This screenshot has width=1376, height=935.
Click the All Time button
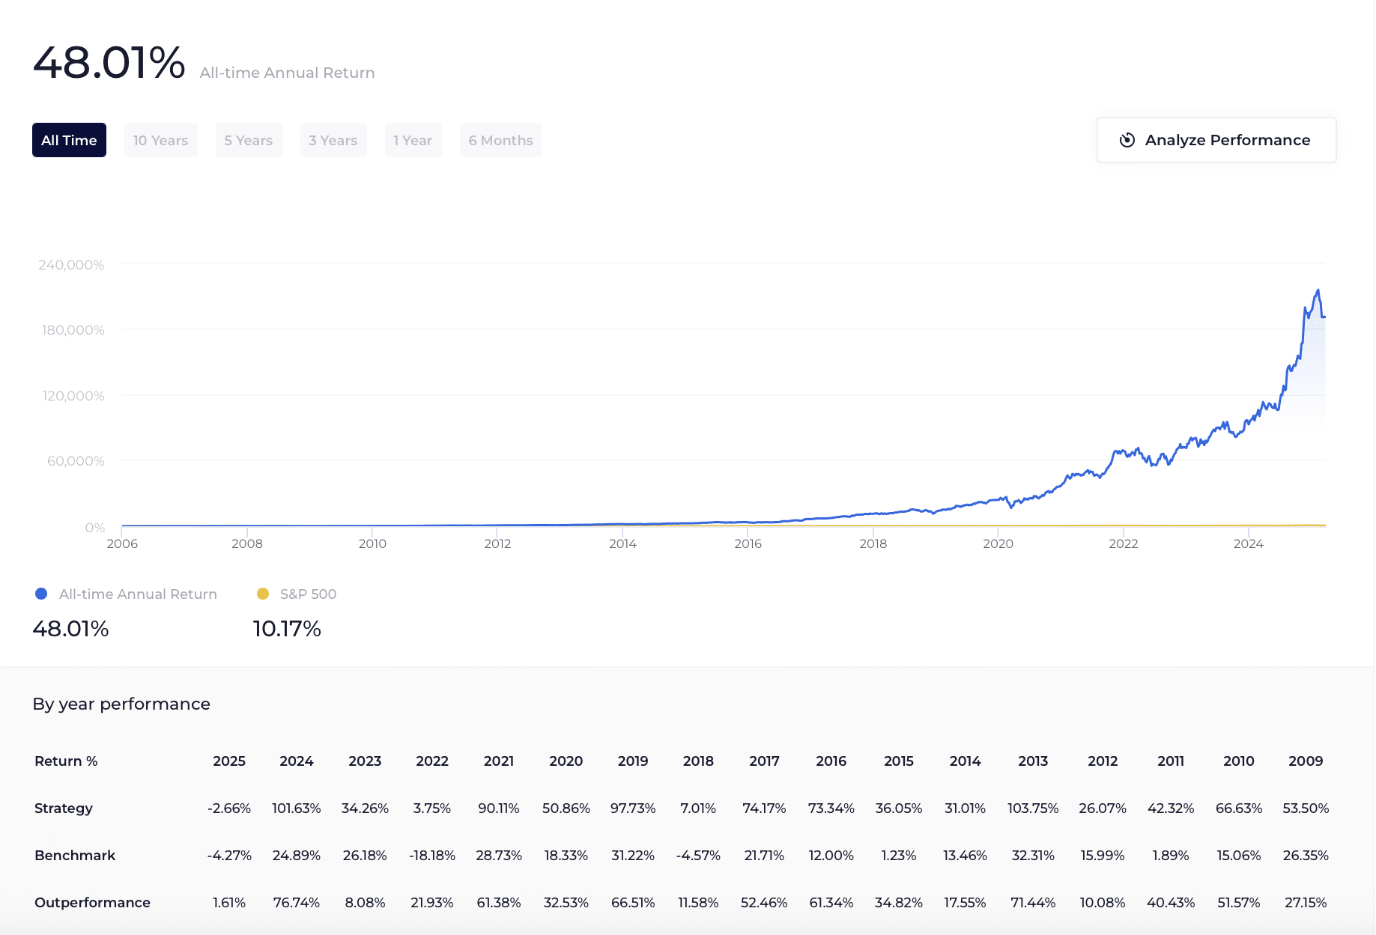coord(69,140)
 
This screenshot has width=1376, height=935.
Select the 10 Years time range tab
coord(160,140)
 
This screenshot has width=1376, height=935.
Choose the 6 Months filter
coord(500,140)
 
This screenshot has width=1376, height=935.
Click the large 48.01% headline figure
coord(109,63)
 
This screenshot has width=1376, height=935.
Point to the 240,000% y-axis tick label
coord(71,265)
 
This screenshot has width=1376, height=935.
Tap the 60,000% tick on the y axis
coord(76,461)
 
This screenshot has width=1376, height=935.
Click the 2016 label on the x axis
coord(748,544)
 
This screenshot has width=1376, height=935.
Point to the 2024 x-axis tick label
coord(1248,544)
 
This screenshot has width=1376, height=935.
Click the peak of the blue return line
coord(1318,290)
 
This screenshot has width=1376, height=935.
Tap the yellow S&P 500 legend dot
coord(263,594)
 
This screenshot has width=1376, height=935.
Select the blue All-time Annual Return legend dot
coord(41,594)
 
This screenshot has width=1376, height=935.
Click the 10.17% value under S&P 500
coord(287,629)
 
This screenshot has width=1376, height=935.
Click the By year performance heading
coord(121,704)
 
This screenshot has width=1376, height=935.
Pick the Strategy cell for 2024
coord(296,808)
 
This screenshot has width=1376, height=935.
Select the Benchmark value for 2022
coord(432,856)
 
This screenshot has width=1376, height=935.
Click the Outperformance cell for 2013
coord(1033,903)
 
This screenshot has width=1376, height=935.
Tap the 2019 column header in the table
coord(633,761)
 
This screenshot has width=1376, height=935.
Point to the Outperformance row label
coord(92,903)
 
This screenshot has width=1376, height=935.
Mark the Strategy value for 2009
coord(1306,808)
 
